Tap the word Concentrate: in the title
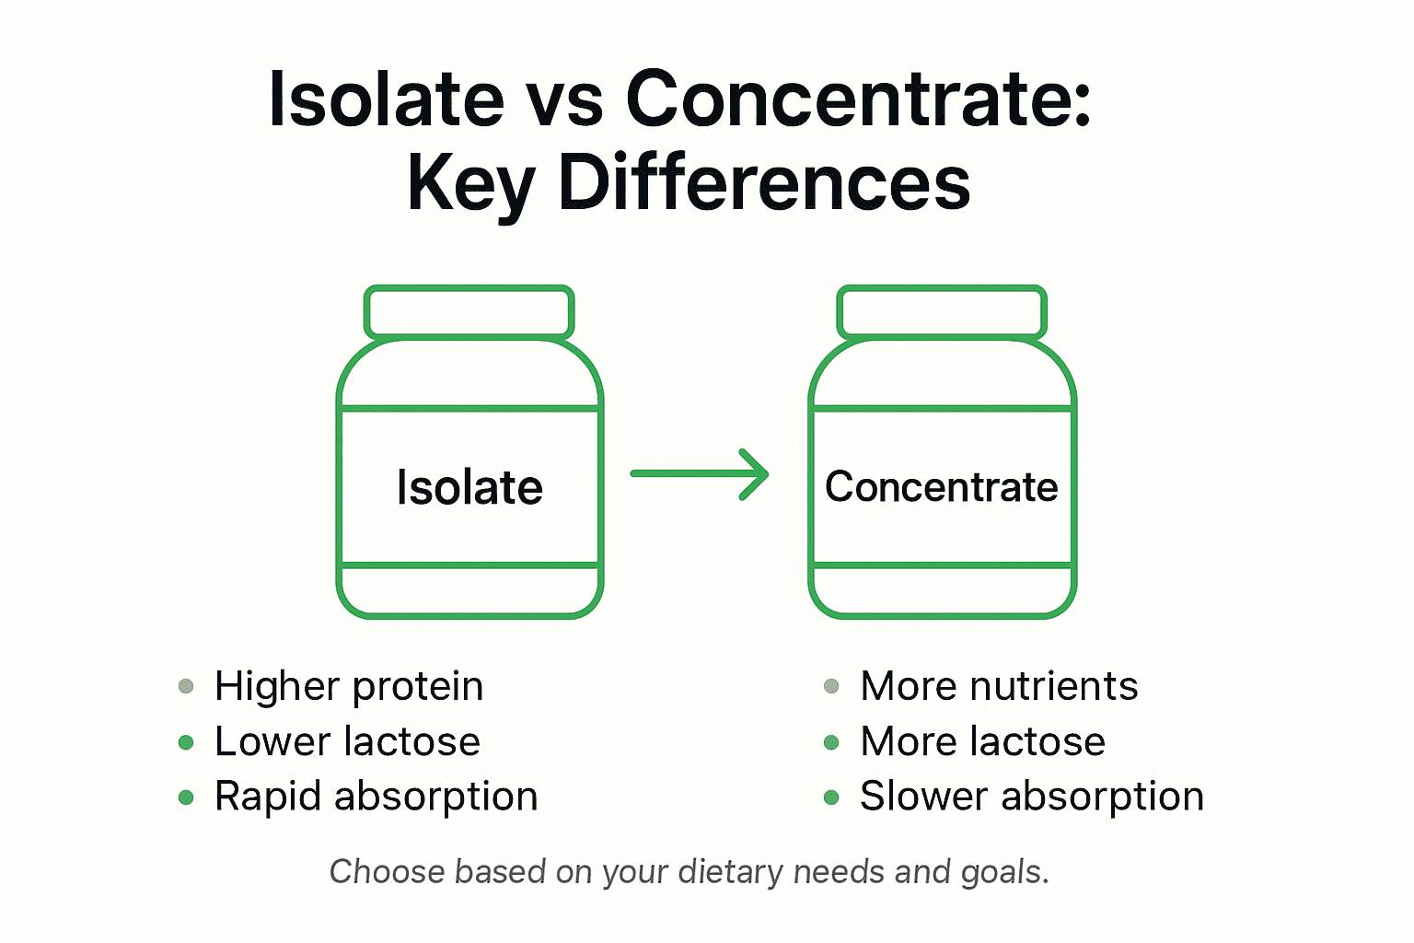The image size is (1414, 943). (x=858, y=99)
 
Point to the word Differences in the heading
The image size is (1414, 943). (x=764, y=182)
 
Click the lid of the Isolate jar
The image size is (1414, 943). (x=469, y=312)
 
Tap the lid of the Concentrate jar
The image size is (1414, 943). (x=942, y=312)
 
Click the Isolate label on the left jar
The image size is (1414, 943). (x=469, y=487)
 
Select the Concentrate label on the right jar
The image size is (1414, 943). (x=942, y=487)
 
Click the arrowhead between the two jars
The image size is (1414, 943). (x=755, y=474)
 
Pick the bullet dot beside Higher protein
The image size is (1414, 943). (x=186, y=686)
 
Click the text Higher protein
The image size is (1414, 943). (x=349, y=687)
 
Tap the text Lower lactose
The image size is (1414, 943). (x=347, y=742)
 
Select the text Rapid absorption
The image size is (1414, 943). (x=376, y=797)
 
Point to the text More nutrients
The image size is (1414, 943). (x=999, y=687)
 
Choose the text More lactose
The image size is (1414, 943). (x=982, y=742)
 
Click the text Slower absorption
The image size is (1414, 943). (x=1031, y=797)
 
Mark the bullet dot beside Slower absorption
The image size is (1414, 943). (x=831, y=797)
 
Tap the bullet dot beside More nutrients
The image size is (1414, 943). (x=831, y=686)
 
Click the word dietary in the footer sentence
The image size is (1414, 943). (x=730, y=872)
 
